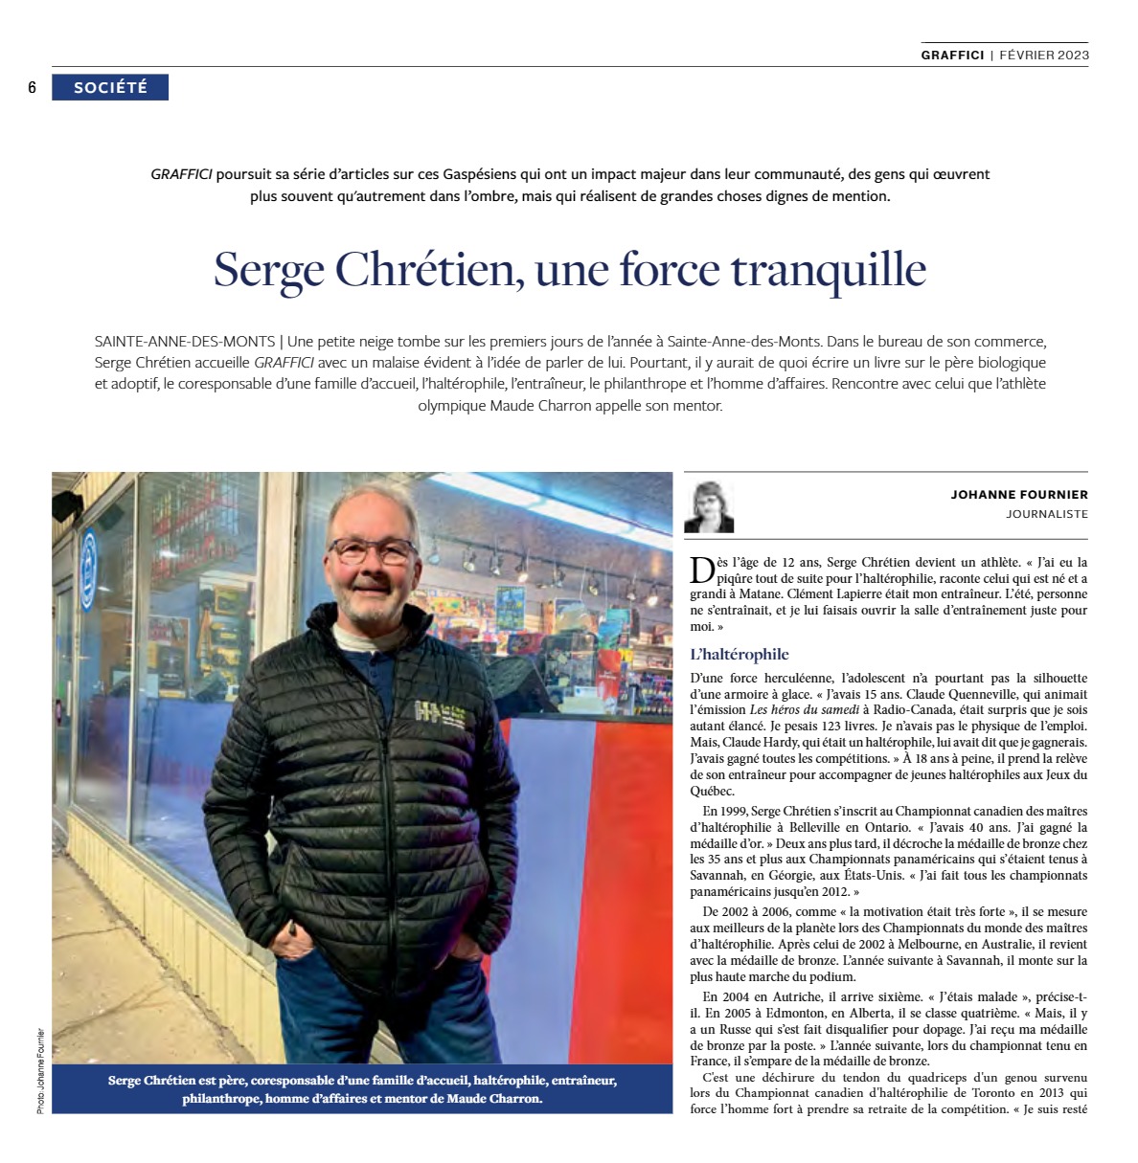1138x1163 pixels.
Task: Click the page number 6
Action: click(x=32, y=88)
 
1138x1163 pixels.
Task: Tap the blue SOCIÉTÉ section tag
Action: click(x=110, y=87)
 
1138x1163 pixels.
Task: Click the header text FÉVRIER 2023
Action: click(x=1044, y=55)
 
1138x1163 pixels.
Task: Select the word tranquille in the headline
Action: click(x=829, y=270)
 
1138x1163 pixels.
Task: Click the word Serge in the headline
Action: click(x=269, y=271)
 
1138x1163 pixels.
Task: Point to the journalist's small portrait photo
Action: click(x=709, y=506)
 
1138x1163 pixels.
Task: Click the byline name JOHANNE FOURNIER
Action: click(x=1019, y=495)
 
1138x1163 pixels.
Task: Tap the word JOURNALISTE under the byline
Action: click(x=1047, y=514)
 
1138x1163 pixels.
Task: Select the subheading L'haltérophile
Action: click(x=740, y=655)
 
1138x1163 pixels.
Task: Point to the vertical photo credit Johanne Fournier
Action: click(x=41, y=1069)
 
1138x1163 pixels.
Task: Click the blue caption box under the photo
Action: click(x=362, y=1089)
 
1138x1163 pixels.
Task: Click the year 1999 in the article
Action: click(x=733, y=811)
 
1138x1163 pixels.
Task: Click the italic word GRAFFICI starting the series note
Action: click(x=181, y=175)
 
